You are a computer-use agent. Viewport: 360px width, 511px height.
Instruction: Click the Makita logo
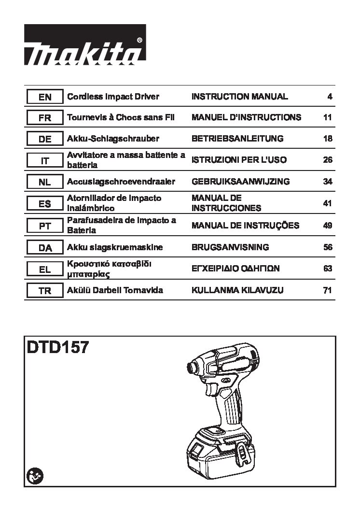tap(85, 44)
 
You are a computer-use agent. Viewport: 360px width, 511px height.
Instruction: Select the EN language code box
tap(45, 97)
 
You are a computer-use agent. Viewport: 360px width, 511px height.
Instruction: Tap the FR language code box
tap(45, 118)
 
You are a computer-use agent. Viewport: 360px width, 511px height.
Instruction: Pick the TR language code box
tap(45, 290)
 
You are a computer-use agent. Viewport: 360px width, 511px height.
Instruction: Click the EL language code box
tap(45, 269)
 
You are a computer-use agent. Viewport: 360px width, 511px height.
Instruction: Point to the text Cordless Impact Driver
tap(113, 97)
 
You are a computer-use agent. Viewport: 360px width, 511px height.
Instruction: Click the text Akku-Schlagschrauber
tap(113, 139)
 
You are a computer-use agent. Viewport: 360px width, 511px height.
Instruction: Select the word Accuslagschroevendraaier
tap(121, 182)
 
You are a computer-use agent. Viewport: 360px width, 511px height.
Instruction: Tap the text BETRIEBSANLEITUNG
tap(237, 139)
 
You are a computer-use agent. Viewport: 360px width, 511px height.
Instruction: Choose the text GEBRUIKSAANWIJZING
tap(240, 182)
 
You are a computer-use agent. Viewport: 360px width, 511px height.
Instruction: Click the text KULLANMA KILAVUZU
tap(237, 290)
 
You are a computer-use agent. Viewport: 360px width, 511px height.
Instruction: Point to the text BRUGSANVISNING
tap(230, 247)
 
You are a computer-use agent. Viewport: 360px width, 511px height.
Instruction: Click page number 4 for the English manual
tap(330, 97)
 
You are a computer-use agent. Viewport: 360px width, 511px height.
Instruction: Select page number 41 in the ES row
tap(328, 203)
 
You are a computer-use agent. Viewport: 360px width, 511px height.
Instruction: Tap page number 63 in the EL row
tap(328, 269)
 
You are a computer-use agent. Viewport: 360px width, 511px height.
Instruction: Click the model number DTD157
tap(57, 347)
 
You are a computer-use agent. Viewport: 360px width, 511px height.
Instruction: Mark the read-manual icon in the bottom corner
tap(35, 476)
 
